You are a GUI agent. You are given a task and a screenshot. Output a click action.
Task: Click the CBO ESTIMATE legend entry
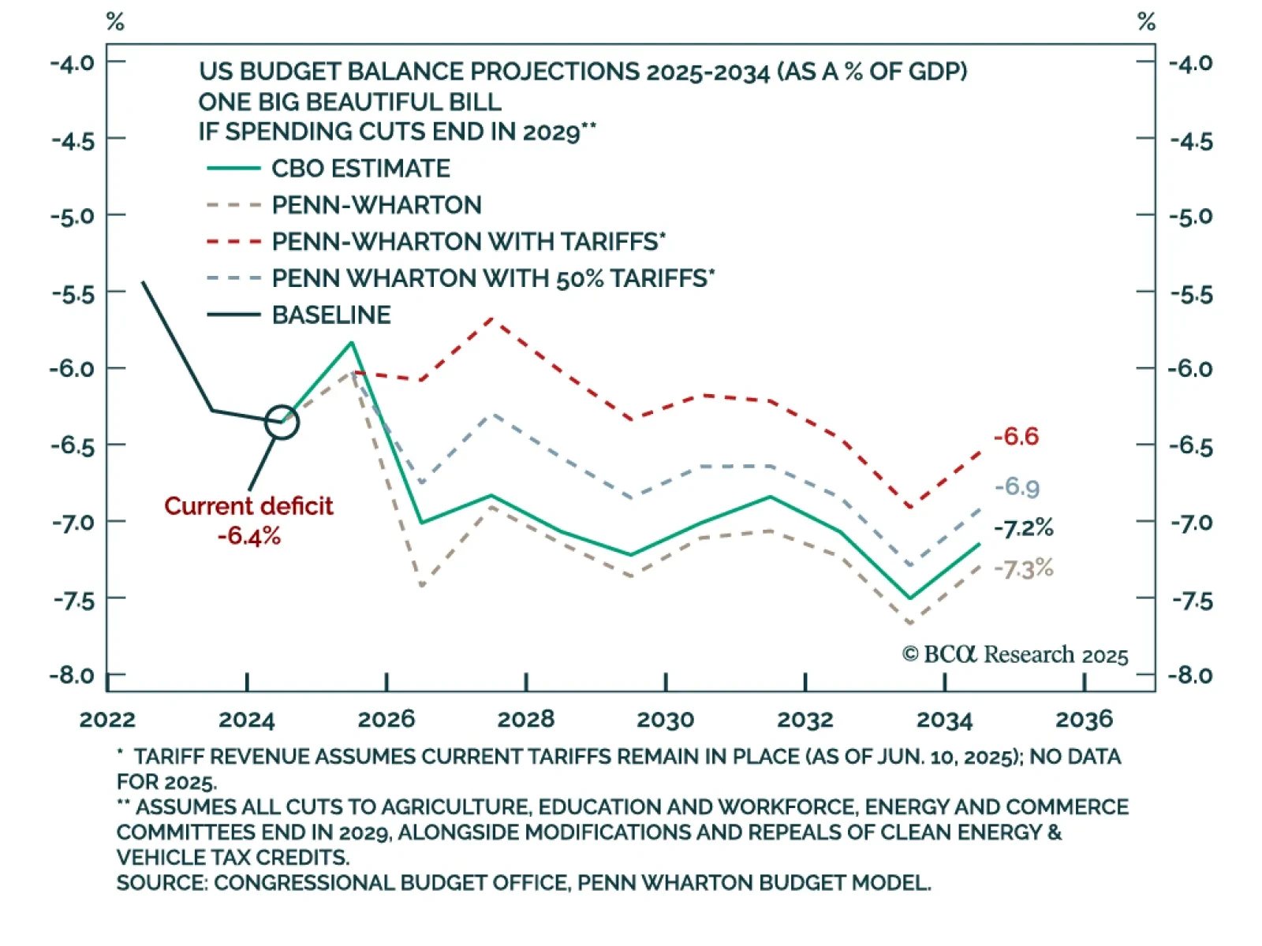(360, 169)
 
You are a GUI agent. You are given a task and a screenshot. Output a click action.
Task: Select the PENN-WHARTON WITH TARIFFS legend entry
(469, 241)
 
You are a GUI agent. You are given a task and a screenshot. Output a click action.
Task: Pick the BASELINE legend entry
(331, 315)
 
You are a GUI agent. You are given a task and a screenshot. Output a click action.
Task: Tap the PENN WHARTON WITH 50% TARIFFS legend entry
(493, 278)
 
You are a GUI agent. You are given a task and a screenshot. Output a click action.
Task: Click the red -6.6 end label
(1016, 437)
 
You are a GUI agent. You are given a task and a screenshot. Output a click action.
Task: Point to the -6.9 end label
(1017, 487)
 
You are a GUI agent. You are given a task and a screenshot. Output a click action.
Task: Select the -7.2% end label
(1023, 528)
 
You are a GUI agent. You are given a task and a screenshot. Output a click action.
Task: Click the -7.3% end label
(1023, 568)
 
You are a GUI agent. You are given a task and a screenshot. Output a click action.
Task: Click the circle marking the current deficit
(282, 423)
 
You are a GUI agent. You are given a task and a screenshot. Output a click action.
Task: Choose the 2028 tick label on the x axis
(526, 719)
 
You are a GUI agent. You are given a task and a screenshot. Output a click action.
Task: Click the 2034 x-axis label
(944, 719)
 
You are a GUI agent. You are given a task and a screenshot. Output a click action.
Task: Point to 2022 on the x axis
(107, 719)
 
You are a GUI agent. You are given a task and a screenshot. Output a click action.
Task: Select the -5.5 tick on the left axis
(73, 294)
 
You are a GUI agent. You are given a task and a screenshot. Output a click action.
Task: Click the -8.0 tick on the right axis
(1190, 676)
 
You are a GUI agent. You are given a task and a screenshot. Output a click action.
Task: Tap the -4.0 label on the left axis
(73, 63)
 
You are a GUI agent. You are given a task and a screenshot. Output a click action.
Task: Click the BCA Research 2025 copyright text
(1015, 655)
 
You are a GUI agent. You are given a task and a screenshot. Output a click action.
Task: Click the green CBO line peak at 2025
(352, 343)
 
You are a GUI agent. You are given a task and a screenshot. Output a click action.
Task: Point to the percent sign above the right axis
(1146, 22)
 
